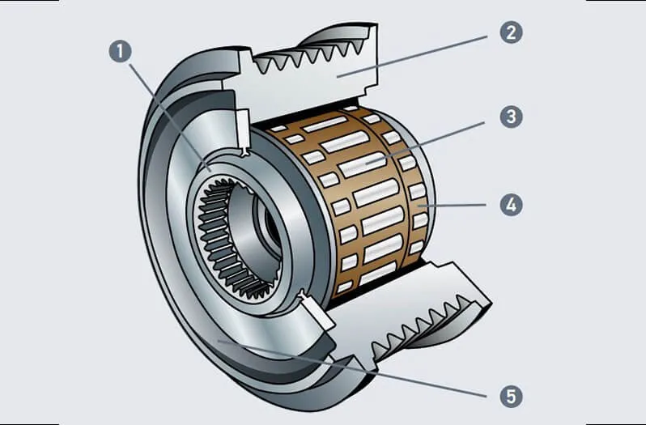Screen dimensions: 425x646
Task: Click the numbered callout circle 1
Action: tap(120, 53)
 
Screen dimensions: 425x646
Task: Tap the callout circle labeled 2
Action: tap(510, 32)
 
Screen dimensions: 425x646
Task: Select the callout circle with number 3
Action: tap(510, 117)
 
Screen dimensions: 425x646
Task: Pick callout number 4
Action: tap(510, 204)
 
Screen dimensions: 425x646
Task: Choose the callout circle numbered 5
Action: tap(510, 396)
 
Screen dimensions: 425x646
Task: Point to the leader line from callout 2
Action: tap(421, 54)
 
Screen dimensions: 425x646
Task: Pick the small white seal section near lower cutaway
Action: tap(312, 312)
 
